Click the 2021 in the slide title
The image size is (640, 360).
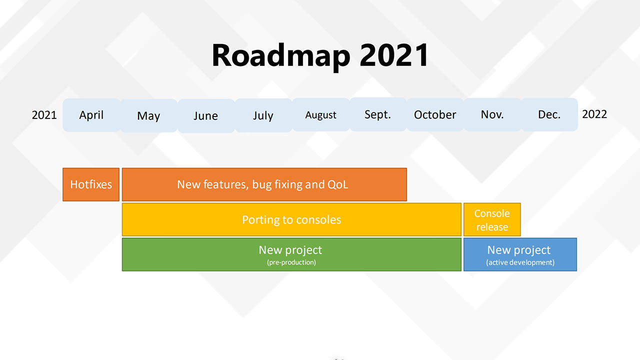394,55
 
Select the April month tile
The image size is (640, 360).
91,115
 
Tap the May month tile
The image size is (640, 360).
149,115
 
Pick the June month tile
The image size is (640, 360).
206,115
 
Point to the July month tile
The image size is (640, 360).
263,115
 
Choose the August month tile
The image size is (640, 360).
321,114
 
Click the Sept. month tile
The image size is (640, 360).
377,114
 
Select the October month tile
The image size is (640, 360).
435,114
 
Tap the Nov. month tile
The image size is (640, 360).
492,114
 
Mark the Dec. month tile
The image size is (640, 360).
549,114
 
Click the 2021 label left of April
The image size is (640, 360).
44,115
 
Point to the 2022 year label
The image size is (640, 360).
594,114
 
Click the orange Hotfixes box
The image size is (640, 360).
91,184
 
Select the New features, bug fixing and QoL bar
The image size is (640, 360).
264,184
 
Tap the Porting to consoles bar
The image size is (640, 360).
291,219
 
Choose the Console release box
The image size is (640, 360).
492,219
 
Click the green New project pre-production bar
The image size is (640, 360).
291,254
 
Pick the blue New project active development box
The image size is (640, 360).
520,254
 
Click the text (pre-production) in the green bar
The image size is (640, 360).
291,262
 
